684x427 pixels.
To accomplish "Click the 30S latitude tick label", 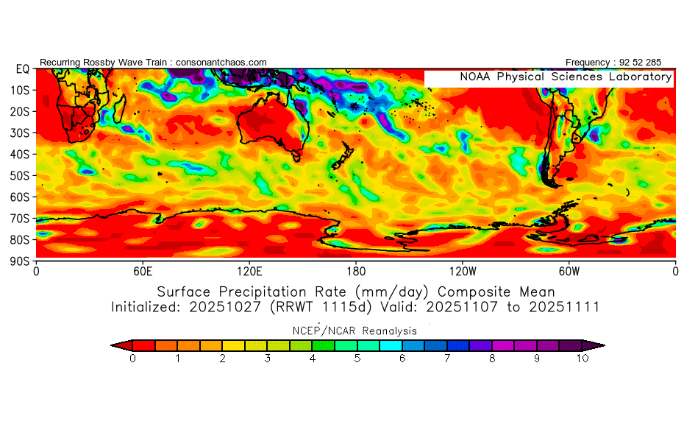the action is (x=19, y=133).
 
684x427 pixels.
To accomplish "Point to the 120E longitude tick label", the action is (x=249, y=272).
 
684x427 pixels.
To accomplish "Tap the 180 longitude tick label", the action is (x=356, y=272).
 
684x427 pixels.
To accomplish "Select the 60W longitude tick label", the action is (x=569, y=272).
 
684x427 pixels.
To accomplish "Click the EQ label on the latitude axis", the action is (x=23, y=69).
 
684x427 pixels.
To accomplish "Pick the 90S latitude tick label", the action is (x=19, y=261).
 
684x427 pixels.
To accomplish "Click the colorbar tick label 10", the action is (x=583, y=359).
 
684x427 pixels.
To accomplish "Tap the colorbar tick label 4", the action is (x=313, y=359).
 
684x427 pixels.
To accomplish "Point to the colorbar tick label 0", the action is (x=132, y=359).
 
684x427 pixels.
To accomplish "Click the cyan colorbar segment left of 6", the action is (x=391, y=346).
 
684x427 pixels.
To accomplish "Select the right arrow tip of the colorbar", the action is (x=605, y=346).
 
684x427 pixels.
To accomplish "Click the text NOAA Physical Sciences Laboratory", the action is (x=566, y=77).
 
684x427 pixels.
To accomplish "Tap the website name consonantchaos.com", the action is (x=221, y=63).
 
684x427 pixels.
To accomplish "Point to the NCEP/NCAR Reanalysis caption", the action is (x=355, y=331).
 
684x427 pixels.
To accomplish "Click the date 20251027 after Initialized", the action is (x=224, y=307).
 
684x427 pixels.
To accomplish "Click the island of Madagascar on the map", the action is (x=118, y=109).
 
